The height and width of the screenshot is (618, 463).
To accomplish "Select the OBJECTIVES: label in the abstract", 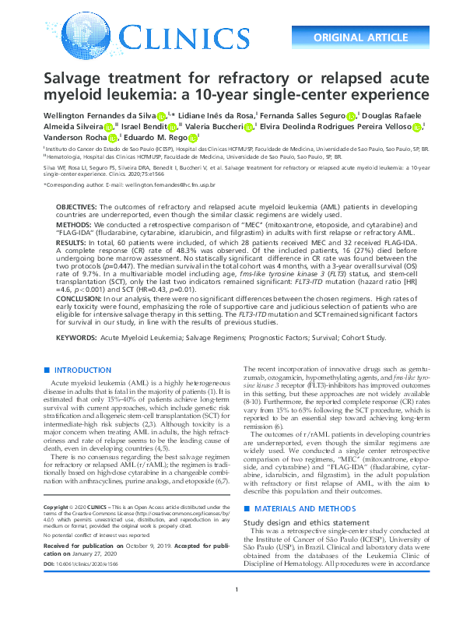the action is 75,206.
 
